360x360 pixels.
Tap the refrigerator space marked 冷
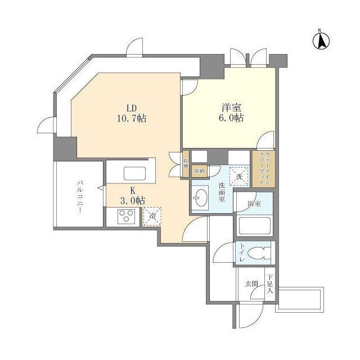click(151, 215)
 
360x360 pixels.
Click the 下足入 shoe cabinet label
click(270, 284)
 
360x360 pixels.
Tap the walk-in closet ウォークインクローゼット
click(263, 169)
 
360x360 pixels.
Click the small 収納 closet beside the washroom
click(199, 170)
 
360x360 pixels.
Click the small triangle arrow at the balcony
click(100, 186)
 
